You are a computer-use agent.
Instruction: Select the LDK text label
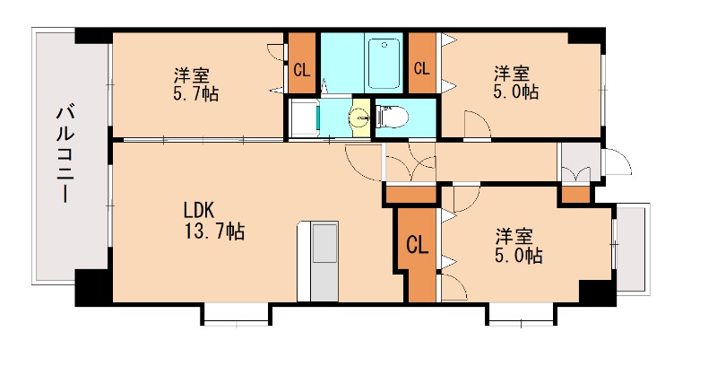tap(198, 210)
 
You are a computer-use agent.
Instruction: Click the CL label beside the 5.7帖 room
tap(302, 67)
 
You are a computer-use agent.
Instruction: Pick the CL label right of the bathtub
tap(421, 67)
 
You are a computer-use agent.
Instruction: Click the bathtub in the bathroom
tap(385, 57)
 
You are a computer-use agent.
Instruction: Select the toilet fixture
tap(393, 116)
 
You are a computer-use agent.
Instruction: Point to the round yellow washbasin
tap(360, 117)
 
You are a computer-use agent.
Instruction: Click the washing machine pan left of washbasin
tap(303, 118)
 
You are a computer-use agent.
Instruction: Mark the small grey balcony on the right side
tap(632, 249)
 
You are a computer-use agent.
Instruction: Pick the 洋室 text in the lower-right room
tap(515, 236)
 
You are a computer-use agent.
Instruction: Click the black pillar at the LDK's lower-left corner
tap(91, 287)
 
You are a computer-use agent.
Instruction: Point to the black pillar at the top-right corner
tap(586, 38)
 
